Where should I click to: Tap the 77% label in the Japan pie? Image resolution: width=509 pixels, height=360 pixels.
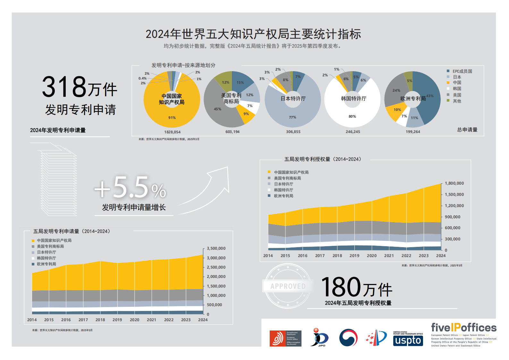coord(293,117)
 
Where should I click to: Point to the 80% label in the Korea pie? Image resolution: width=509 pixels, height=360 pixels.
coord(352,116)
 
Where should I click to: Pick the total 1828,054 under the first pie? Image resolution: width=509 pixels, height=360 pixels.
coord(172,132)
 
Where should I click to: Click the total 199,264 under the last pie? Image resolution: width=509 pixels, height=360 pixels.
coord(413,132)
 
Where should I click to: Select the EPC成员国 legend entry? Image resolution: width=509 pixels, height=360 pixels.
coord(462,71)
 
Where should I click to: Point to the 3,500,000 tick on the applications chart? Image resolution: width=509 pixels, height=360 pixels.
coord(216,248)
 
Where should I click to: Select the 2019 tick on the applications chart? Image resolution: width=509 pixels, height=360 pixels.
coord(117,320)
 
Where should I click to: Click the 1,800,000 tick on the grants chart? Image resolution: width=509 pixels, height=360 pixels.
coord(454,183)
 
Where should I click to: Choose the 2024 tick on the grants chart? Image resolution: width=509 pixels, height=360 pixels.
coord(441,256)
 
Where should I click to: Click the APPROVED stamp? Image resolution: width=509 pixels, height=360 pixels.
coord(287,286)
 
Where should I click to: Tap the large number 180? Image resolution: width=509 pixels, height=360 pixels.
coord(341,287)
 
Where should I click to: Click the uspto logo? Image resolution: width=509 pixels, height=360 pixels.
coord(408,339)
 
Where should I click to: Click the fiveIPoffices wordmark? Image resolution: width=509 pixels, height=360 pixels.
coord(463,328)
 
